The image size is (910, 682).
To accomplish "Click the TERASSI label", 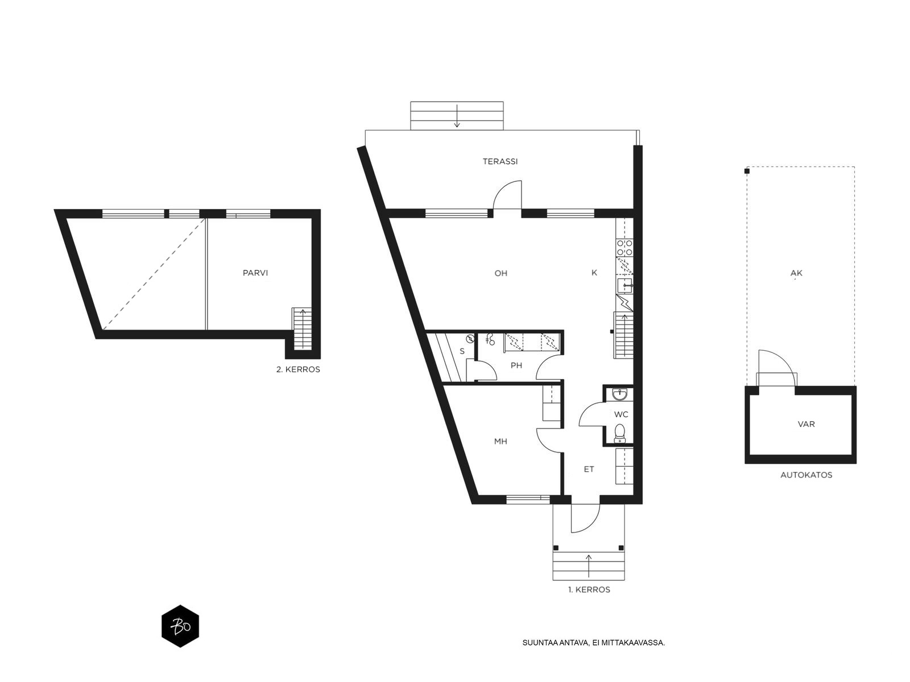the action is pyautogui.click(x=500, y=161).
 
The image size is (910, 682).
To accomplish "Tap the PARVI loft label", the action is pyautogui.click(x=255, y=273).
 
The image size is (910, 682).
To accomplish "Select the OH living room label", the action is pyautogui.click(x=501, y=273).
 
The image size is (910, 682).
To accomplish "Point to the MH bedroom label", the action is pyautogui.click(x=501, y=442).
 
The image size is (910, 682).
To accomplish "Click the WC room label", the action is pyautogui.click(x=621, y=414).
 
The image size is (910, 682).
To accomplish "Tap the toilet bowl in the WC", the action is pyautogui.click(x=620, y=432).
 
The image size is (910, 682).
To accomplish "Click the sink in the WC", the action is pyautogui.click(x=620, y=394).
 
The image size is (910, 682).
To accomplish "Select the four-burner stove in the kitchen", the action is pyautogui.click(x=624, y=247).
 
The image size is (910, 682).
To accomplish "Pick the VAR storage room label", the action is pyautogui.click(x=806, y=424).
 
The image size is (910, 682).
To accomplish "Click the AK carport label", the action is pyautogui.click(x=796, y=273).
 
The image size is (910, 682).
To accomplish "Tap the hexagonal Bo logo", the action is pyautogui.click(x=180, y=626).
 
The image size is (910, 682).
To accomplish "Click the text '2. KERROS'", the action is pyautogui.click(x=298, y=369).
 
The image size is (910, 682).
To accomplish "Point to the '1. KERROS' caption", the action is pyautogui.click(x=589, y=590).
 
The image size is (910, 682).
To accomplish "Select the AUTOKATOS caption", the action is pyautogui.click(x=806, y=475).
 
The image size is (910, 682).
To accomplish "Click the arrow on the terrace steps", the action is pyautogui.click(x=457, y=116).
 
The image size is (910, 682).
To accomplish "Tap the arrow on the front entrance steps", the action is pyautogui.click(x=589, y=565).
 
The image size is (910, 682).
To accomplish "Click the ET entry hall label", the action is pyautogui.click(x=589, y=469).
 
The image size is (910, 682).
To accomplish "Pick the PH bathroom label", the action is pyautogui.click(x=516, y=365).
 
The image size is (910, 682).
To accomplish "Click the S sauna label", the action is pyautogui.click(x=462, y=352).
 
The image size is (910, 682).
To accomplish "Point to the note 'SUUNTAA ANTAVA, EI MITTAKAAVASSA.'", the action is pyautogui.click(x=594, y=643).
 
